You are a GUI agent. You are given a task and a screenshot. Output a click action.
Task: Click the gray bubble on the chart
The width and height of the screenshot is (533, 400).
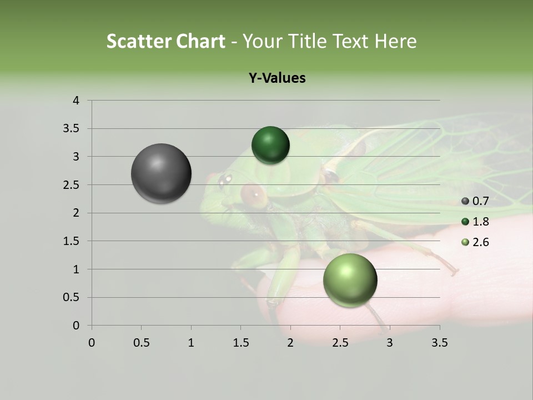pyautogui.click(x=161, y=173)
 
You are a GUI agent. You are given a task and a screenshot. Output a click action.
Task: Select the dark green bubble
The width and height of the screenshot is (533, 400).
pyautogui.click(x=270, y=146)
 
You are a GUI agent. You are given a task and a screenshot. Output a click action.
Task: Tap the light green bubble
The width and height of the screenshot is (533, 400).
pyautogui.click(x=350, y=280)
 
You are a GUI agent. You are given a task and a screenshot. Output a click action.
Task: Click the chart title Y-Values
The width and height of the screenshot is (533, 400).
pyautogui.click(x=277, y=78)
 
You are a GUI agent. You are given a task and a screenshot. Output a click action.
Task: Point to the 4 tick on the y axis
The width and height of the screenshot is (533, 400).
pyautogui.click(x=76, y=101)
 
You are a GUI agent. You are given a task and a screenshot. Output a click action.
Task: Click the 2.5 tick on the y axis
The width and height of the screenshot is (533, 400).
pyautogui.click(x=72, y=185)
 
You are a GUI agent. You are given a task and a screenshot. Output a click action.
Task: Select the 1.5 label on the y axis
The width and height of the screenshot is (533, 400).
pyautogui.click(x=72, y=241)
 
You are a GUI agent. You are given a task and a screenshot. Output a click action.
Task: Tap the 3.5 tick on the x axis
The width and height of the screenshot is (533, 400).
pyautogui.click(x=439, y=343)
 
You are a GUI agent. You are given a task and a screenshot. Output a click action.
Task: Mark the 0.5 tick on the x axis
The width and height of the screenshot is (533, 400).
pyautogui.click(x=141, y=343)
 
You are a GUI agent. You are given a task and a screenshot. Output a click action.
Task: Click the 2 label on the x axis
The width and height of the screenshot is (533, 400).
pyautogui.click(x=290, y=343)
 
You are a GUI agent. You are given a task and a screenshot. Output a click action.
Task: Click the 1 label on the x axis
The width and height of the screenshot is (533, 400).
pyautogui.click(x=191, y=343)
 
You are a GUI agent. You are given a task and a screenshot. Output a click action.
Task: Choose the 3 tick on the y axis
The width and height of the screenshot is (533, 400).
pyautogui.click(x=76, y=157)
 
